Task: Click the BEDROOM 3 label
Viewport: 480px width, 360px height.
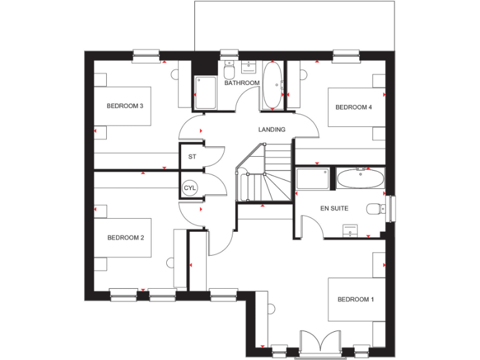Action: (x=125, y=106)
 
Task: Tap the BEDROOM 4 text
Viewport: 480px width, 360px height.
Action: (x=354, y=107)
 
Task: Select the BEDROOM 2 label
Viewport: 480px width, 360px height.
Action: (x=126, y=237)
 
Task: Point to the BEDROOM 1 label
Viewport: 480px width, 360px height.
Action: (x=356, y=299)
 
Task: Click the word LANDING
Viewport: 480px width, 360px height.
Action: (x=272, y=130)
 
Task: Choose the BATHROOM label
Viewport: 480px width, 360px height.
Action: (x=242, y=83)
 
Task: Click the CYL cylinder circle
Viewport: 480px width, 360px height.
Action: (x=189, y=187)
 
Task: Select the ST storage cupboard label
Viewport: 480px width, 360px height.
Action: (x=192, y=157)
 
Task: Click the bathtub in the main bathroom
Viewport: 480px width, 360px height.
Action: (x=272, y=86)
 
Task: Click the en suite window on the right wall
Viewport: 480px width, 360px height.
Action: (x=391, y=209)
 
